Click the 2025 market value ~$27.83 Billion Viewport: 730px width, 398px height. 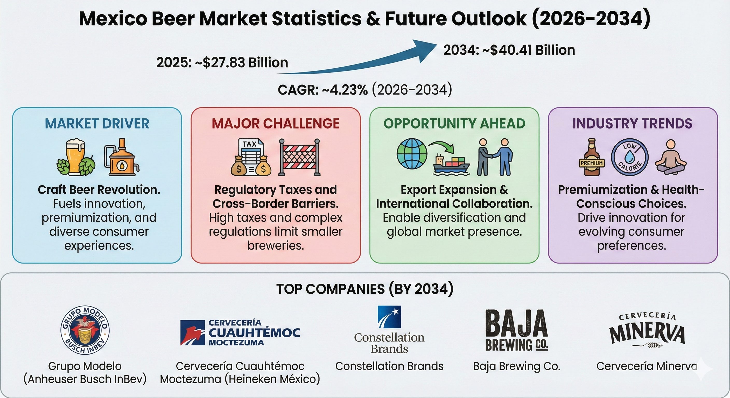(222, 63)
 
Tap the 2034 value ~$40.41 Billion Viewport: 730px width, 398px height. (509, 50)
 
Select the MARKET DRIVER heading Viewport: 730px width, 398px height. (97, 124)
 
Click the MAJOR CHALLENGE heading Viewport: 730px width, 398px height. (276, 124)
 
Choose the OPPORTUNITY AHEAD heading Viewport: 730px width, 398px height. (454, 124)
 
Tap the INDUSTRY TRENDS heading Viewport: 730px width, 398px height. (632, 124)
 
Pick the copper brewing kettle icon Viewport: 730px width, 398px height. (121, 158)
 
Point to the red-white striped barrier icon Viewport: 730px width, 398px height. (299, 158)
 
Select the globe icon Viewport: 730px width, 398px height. (412, 154)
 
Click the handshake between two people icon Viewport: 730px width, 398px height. (495, 158)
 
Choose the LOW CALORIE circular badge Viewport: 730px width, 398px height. (629, 158)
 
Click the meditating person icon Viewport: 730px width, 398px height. (670, 158)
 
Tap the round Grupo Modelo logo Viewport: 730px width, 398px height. (85, 330)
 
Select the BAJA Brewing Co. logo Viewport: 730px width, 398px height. (516, 330)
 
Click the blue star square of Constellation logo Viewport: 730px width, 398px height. (389, 317)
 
